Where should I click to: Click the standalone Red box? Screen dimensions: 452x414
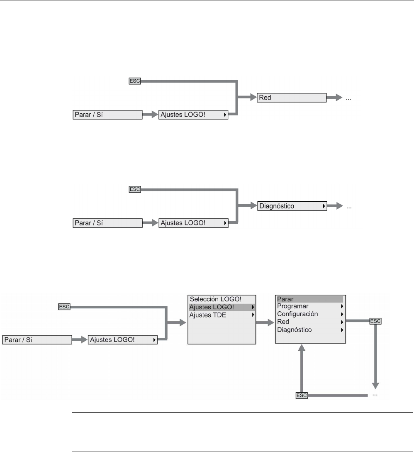click(291, 98)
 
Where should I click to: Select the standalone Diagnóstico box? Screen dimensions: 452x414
click(291, 206)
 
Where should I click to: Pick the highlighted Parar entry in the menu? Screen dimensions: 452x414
click(309, 299)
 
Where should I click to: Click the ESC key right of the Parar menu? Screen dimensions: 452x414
click(375, 321)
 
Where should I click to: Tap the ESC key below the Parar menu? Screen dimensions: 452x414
click(302, 396)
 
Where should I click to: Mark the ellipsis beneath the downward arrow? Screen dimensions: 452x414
click(375, 395)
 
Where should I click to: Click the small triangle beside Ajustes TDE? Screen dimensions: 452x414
click(252, 315)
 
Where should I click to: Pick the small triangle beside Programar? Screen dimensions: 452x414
click(342, 306)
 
